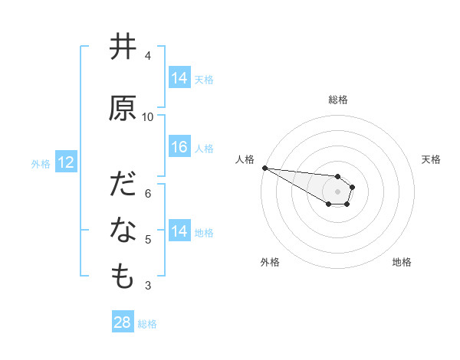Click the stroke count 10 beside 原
(x=148, y=116)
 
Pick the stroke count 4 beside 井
(x=148, y=55)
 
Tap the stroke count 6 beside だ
(x=148, y=193)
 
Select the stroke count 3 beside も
(x=148, y=286)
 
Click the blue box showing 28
(x=123, y=322)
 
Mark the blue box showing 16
(x=179, y=147)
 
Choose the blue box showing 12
(x=65, y=162)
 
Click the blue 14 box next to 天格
(x=179, y=77)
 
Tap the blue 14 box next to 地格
(x=179, y=231)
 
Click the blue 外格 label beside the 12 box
(x=41, y=163)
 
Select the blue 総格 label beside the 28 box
(x=147, y=324)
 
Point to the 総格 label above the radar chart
(x=338, y=100)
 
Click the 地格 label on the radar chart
(x=402, y=262)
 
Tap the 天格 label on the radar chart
(x=432, y=159)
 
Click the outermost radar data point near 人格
(x=264, y=167)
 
